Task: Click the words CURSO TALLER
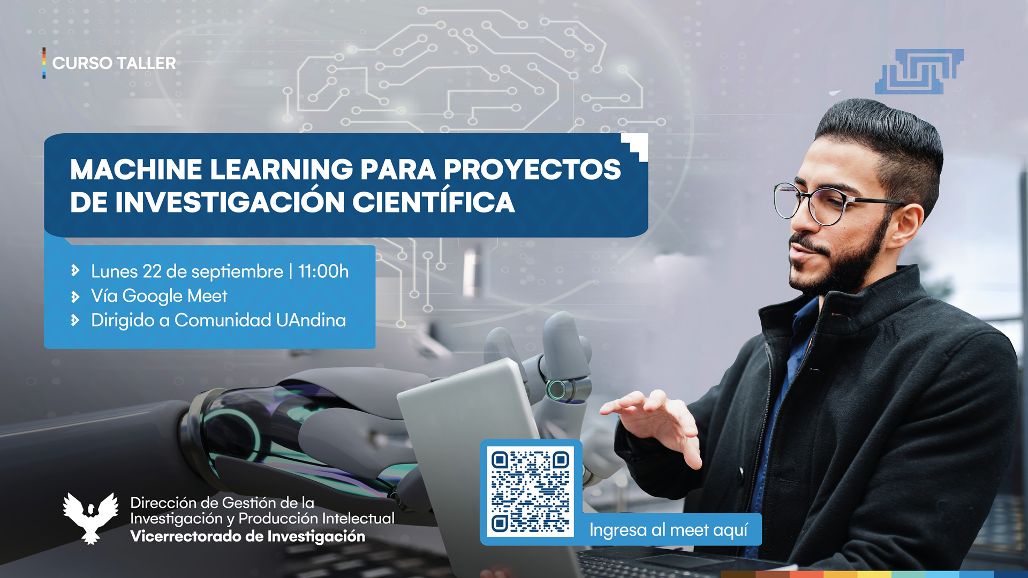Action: pos(114,63)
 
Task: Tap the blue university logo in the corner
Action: pos(919,72)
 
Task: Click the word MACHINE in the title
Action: pos(136,170)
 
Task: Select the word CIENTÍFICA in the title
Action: pos(433,202)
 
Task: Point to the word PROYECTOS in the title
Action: pos(532,170)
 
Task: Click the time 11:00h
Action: pos(323,271)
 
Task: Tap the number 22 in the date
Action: pos(152,271)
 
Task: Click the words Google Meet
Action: pos(175,296)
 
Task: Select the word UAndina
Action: pos(311,320)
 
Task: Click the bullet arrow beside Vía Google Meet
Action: pos(75,296)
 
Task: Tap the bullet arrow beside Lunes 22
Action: pos(75,271)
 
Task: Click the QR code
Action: pos(530,491)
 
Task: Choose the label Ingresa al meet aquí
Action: pos(668,530)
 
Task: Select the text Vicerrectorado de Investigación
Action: pos(247,536)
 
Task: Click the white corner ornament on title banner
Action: pos(636,146)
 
